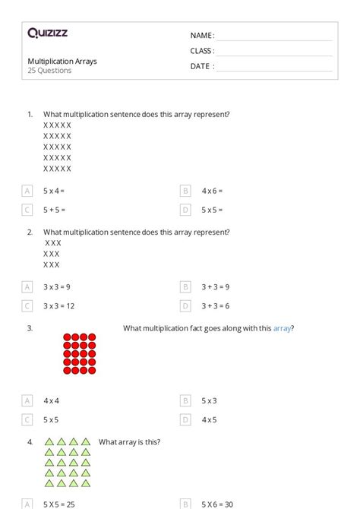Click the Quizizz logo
click(x=47, y=33)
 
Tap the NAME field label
click(x=201, y=36)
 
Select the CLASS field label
click(x=201, y=51)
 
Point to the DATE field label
click(x=201, y=66)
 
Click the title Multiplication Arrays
click(x=62, y=61)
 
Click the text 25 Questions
click(x=49, y=71)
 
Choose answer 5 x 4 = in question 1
click(x=54, y=191)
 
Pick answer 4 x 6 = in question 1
click(x=212, y=191)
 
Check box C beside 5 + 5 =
click(x=27, y=210)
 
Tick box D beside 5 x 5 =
click(x=185, y=210)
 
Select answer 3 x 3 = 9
click(x=57, y=287)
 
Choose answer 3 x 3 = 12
click(x=58, y=306)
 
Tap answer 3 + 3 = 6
click(x=216, y=306)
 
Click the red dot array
click(x=79, y=353)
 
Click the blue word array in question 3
click(x=282, y=328)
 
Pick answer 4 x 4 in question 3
click(x=51, y=400)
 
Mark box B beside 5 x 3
click(x=185, y=400)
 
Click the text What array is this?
click(x=129, y=441)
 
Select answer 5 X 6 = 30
click(x=218, y=504)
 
